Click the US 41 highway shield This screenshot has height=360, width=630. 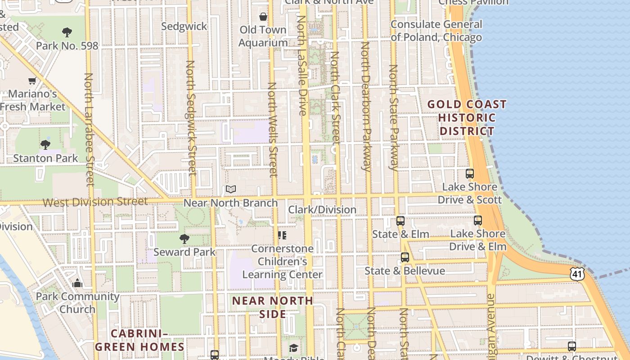[577, 273]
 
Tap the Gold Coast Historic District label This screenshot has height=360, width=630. [467, 118]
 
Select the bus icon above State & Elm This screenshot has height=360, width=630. [400, 221]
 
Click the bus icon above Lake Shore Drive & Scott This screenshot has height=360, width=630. [470, 173]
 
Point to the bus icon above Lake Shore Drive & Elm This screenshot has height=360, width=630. [478, 220]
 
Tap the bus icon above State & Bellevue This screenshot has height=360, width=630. [405, 257]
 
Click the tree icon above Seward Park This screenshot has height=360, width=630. [184, 238]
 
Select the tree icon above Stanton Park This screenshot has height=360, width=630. [45, 144]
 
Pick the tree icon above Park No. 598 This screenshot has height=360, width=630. [67, 32]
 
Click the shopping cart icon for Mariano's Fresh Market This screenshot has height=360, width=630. [32, 81]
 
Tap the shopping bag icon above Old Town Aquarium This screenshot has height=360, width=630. [263, 17]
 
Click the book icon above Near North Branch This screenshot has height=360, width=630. [231, 189]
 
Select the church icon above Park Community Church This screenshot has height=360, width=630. [77, 283]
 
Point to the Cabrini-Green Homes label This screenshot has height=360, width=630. [139, 340]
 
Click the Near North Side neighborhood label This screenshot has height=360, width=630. [273, 307]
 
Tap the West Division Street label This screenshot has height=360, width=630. [95, 202]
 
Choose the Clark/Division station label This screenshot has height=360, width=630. [322, 210]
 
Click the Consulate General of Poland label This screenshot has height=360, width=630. [436, 31]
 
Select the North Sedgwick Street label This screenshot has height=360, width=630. [191, 117]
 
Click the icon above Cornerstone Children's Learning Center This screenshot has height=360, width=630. [282, 235]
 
